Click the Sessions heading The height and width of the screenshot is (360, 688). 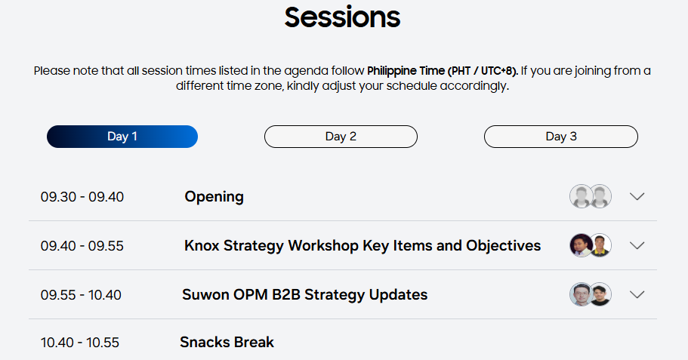(342, 17)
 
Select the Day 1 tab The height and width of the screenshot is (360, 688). (122, 137)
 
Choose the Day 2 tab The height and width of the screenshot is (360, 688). (341, 137)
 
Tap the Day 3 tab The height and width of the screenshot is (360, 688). (561, 137)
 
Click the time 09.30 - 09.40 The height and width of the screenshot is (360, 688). (82, 197)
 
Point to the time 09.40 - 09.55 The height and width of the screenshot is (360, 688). (82, 246)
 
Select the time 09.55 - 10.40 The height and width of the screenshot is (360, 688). (81, 295)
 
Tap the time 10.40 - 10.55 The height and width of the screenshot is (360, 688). (80, 343)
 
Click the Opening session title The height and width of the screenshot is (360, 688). (214, 197)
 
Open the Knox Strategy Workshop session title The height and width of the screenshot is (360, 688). (363, 245)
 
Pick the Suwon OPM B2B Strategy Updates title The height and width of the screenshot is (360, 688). (305, 294)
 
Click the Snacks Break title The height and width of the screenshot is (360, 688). (227, 342)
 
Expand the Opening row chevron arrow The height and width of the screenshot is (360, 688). (637, 196)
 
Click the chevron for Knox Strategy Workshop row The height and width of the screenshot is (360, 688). (637, 245)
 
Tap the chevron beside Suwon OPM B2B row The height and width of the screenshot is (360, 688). (637, 294)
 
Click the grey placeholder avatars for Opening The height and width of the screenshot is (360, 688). (591, 196)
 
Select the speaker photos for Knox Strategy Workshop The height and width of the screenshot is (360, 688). (591, 245)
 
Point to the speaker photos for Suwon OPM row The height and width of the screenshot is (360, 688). (591, 294)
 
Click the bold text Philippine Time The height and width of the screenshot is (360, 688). (406, 71)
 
